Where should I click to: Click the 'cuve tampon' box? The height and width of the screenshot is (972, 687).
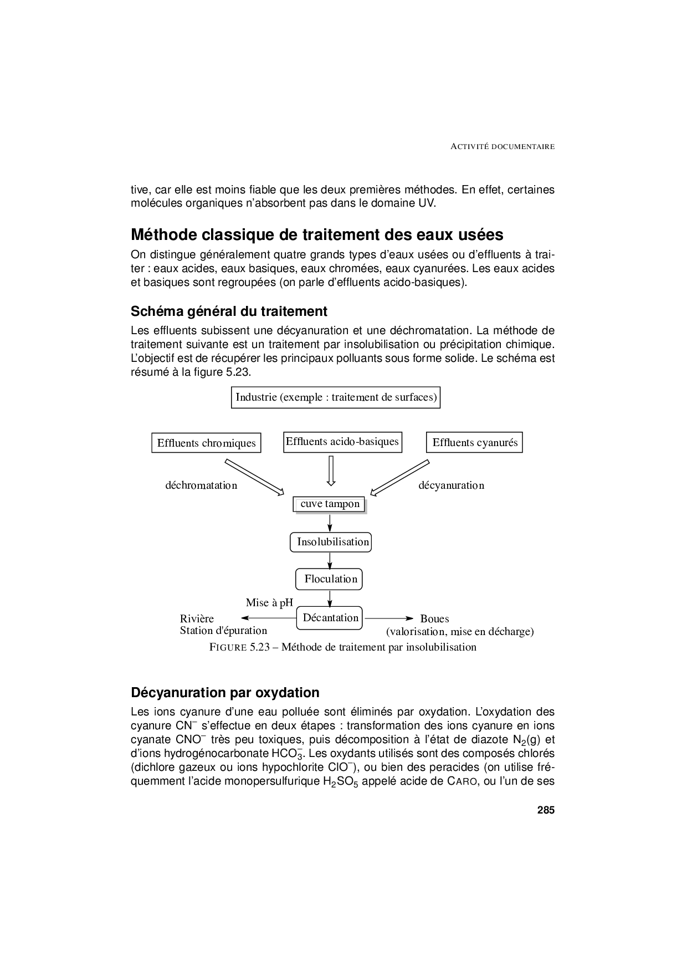[x=330, y=504]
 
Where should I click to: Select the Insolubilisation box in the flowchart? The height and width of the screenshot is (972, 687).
[x=330, y=542]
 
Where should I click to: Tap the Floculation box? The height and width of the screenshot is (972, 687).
[x=329, y=579]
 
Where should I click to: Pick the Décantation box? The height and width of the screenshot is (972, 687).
[x=329, y=618]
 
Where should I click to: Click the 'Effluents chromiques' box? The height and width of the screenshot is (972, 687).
[x=206, y=443]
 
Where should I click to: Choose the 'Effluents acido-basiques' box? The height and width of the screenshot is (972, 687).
[x=342, y=442]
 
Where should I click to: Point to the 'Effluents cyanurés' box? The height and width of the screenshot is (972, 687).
[x=474, y=442]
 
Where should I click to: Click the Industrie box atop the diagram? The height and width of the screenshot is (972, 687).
[x=335, y=397]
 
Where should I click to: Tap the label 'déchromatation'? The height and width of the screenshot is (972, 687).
[x=201, y=485]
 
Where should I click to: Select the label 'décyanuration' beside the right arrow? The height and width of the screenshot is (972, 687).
[x=451, y=485]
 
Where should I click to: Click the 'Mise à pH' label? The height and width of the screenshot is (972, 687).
[x=269, y=602]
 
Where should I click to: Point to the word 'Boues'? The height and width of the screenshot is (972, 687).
[x=434, y=618]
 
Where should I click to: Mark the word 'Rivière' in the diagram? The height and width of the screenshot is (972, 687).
[x=197, y=618]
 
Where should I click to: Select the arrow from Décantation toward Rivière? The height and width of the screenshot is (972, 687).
[x=269, y=618]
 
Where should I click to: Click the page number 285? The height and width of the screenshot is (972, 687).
[x=545, y=810]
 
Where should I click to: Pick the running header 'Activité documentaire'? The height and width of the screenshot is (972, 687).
[x=503, y=147]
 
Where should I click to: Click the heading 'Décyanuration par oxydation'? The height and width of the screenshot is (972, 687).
[x=225, y=693]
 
